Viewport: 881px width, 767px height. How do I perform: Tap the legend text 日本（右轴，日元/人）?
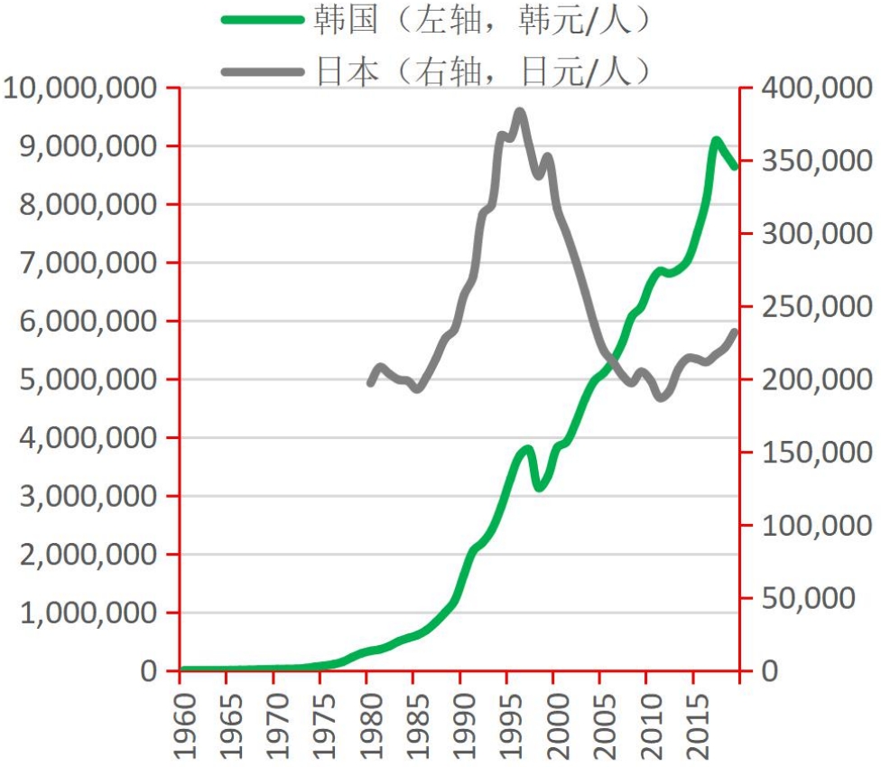coord(481,70)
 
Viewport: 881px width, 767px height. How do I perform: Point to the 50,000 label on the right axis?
coord(810,598)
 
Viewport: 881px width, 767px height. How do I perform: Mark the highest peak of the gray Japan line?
coord(519,111)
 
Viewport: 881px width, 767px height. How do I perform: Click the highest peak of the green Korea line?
coord(716,141)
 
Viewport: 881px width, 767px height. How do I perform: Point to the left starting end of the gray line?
coord(370,383)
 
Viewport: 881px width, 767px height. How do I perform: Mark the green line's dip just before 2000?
coord(539,488)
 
